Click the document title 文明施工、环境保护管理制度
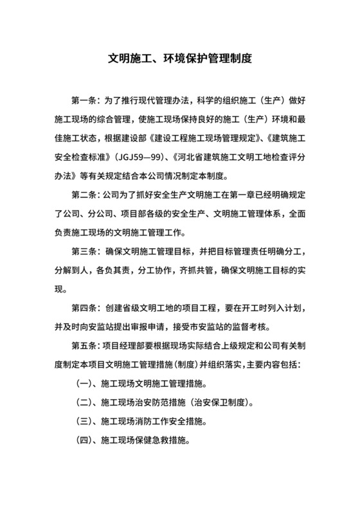pos(179,58)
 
